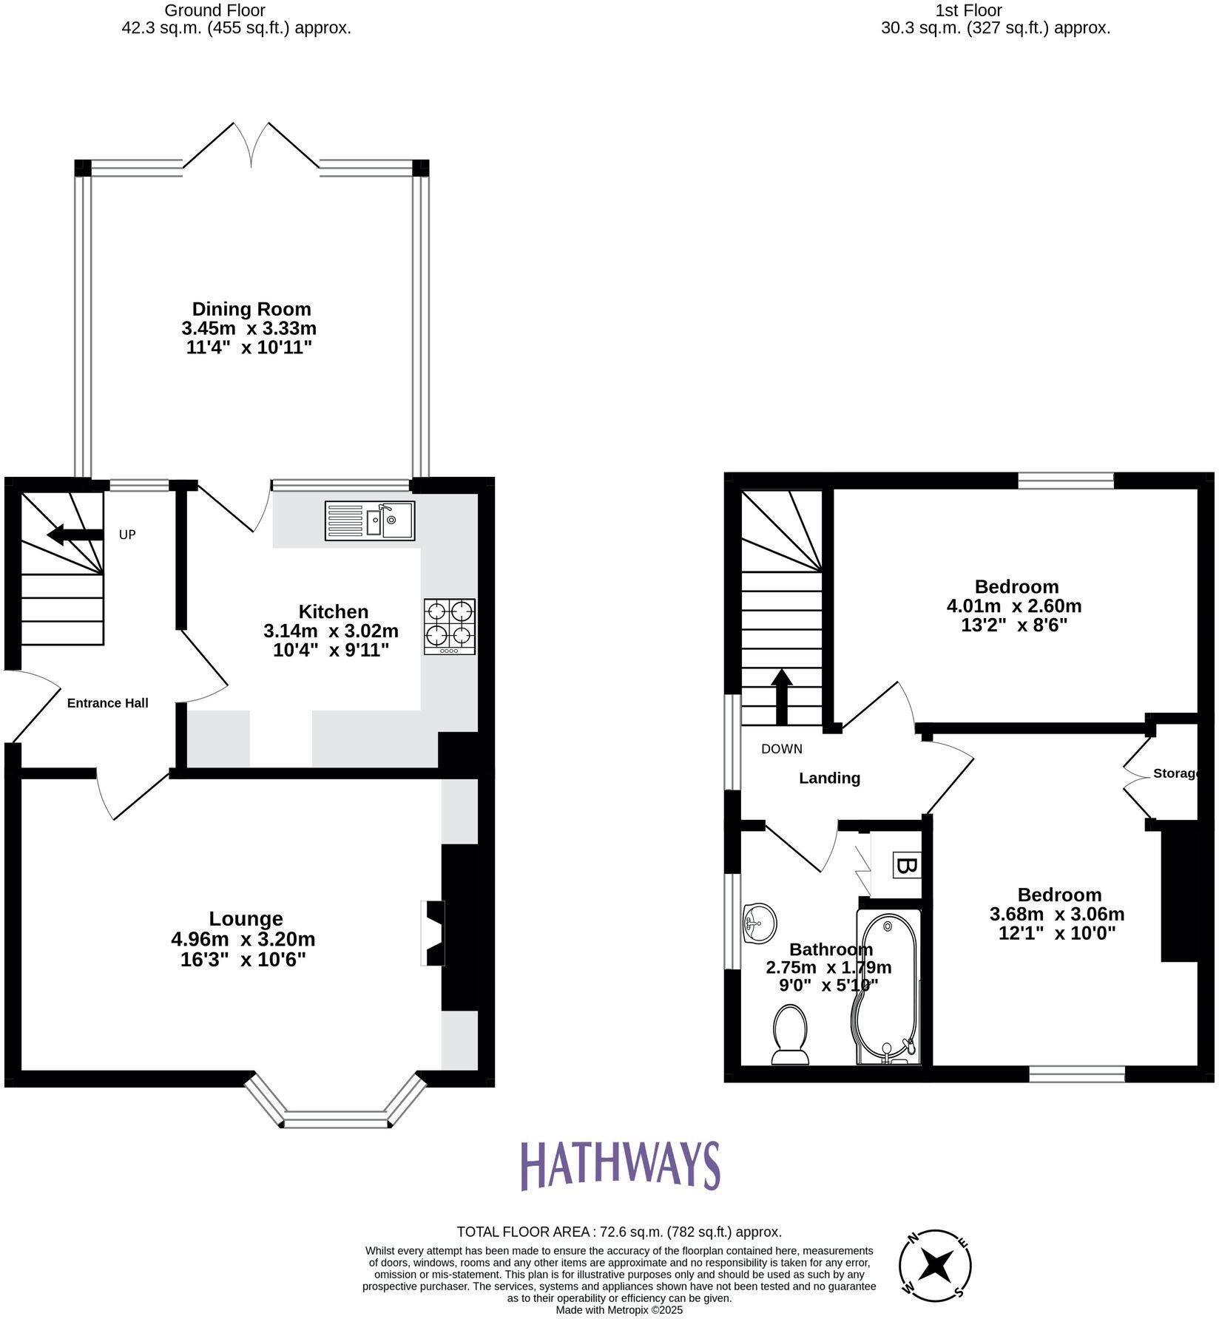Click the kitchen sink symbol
[x=370, y=521]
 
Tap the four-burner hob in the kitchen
[x=449, y=626]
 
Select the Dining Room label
[x=251, y=309]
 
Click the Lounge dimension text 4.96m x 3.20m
[x=243, y=939]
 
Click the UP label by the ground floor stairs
[x=127, y=535]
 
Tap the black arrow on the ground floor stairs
[x=74, y=535]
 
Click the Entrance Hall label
[x=108, y=703]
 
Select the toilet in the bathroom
[x=790, y=1034]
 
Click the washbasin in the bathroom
[x=760, y=923]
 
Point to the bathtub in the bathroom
[x=887, y=987]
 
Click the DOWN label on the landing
[x=782, y=749]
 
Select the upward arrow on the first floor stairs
[x=782, y=696]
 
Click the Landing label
[x=829, y=778]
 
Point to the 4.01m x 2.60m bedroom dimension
[x=1013, y=606]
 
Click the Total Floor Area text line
[x=618, y=1232]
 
